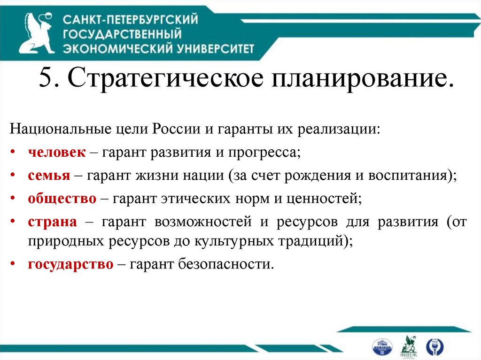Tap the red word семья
point(49,176)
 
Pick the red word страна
point(52,222)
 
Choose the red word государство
point(70,264)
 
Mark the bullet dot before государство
point(16,264)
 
